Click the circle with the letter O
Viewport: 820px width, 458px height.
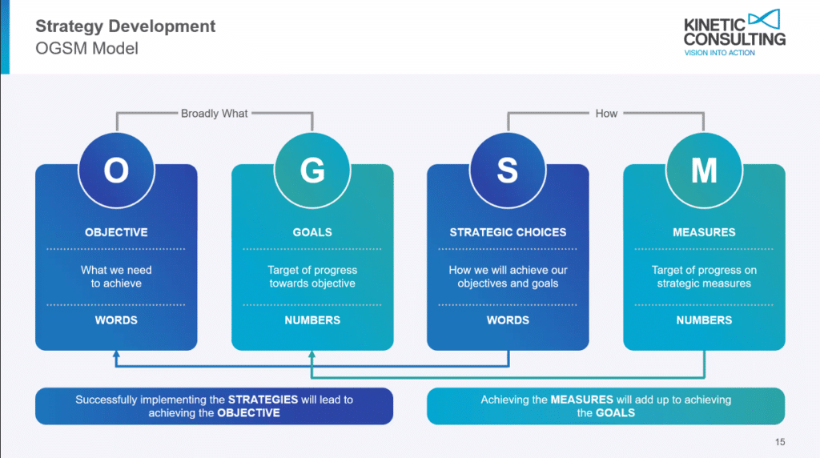(116, 170)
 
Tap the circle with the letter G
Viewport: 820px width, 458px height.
(312, 170)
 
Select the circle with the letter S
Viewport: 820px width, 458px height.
(508, 170)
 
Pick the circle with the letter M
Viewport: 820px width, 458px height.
(704, 170)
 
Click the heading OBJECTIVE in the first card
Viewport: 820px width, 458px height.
(116, 232)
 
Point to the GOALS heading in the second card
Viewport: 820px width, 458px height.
(312, 232)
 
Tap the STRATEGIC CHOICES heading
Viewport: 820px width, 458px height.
(508, 232)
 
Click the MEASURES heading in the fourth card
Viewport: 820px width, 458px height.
(704, 232)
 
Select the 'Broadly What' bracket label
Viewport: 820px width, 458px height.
(215, 114)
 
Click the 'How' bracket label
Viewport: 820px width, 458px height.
(606, 114)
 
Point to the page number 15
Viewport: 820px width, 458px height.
(780, 442)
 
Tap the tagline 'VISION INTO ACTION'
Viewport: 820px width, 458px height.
(718, 53)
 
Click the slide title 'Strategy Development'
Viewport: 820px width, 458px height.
(126, 26)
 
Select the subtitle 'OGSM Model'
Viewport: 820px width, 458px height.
(87, 48)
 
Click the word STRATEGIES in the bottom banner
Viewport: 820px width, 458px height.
(263, 399)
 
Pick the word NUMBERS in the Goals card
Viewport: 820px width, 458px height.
(312, 320)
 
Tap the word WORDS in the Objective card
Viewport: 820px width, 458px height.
(116, 320)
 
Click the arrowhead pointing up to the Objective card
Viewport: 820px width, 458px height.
(116, 354)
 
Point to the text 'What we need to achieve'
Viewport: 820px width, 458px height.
(116, 276)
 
